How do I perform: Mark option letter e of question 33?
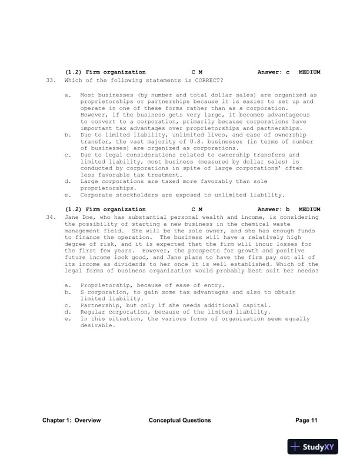[68, 195]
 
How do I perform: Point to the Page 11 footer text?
[306, 420]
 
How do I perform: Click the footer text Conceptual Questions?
[179, 420]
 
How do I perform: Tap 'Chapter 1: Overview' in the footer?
[72, 420]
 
